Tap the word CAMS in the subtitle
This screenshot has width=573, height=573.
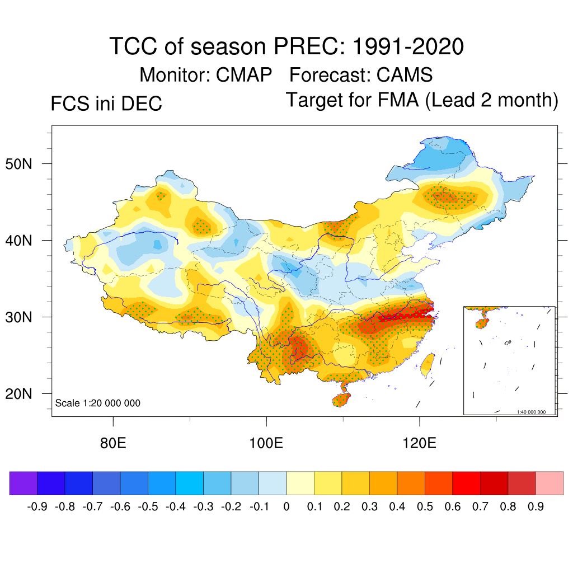pos(405,74)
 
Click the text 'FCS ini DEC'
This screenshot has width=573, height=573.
pos(106,104)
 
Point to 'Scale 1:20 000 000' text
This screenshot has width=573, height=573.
pos(98,403)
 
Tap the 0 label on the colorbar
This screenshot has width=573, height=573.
pos(286,507)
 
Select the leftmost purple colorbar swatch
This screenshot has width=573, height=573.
pos(24,483)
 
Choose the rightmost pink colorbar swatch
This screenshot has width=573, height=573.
pos(549,483)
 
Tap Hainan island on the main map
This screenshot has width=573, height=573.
pos(341,400)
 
